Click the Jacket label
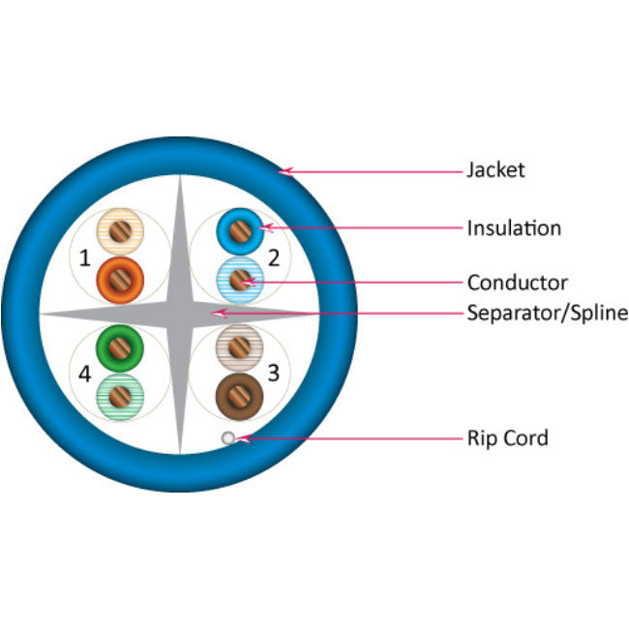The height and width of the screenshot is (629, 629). pyautogui.click(x=495, y=170)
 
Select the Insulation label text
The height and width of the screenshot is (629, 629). pyautogui.click(x=514, y=228)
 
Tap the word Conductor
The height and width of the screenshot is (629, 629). pyautogui.click(x=517, y=283)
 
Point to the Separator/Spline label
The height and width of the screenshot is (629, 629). pyautogui.click(x=547, y=313)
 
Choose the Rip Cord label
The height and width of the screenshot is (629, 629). pyautogui.click(x=507, y=438)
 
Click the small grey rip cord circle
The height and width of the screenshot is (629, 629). pyautogui.click(x=227, y=438)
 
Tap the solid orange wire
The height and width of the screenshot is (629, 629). pyautogui.click(x=120, y=279)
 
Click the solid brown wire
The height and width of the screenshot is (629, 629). pyautogui.click(x=237, y=394)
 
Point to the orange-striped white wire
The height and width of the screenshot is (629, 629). pyautogui.click(x=120, y=231)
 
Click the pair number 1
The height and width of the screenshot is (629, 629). pyautogui.click(x=85, y=258)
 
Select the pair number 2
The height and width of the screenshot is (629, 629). pyautogui.click(x=274, y=257)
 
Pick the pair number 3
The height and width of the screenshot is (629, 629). pyautogui.click(x=274, y=372)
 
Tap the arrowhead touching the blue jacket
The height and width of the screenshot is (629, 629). pyautogui.click(x=285, y=172)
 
